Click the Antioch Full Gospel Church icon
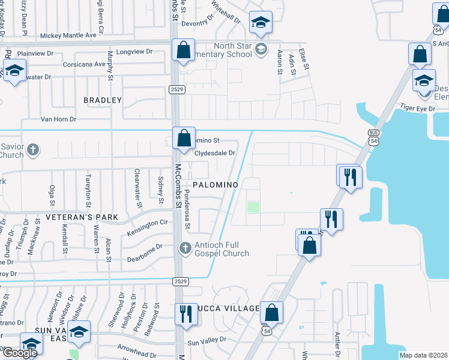pos(185,247)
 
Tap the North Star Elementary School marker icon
pos(261,49)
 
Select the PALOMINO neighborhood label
pos(216,184)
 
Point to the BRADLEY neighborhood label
pos(103,100)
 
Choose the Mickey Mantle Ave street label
pos(68,35)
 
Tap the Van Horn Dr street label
pos(58,119)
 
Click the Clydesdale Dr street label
pos(214,153)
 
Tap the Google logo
pos(19,353)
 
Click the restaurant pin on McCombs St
pos(185,313)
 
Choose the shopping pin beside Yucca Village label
pos(271,312)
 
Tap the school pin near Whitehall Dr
pos(260,23)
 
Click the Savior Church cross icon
pos(34,149)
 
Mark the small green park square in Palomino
pos(253,208)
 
